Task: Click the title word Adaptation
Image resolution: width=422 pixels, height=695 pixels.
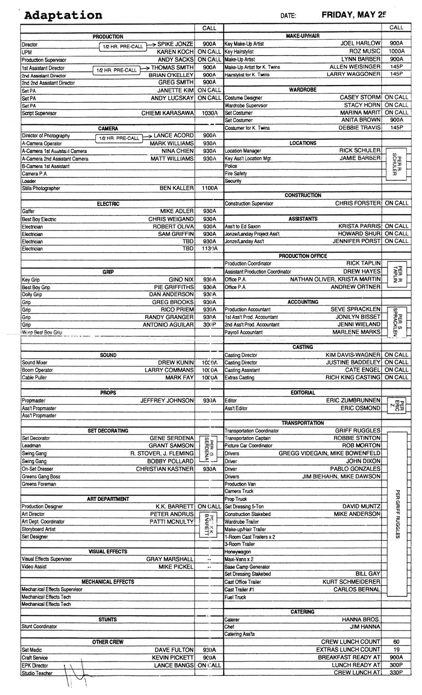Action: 63,15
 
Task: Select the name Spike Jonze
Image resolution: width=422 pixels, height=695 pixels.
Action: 175,44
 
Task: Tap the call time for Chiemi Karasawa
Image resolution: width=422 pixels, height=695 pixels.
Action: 209,113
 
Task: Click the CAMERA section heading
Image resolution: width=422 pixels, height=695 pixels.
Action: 108,128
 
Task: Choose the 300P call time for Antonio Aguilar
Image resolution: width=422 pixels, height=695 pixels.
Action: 209,325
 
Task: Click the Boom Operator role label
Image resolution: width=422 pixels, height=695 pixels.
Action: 37,370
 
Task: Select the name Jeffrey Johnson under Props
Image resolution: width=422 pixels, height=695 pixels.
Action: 167,401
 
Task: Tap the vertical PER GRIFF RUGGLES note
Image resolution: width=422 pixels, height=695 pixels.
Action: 397,514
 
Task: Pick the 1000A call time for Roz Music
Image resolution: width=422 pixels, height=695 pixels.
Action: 396,51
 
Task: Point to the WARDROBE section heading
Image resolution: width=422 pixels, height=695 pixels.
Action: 302,90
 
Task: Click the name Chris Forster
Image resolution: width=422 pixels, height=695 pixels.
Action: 358,203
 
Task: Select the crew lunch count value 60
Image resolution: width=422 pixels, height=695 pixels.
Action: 396,642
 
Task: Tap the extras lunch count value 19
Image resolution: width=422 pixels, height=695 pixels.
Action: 396,650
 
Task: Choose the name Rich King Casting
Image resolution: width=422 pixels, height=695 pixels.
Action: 353,377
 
